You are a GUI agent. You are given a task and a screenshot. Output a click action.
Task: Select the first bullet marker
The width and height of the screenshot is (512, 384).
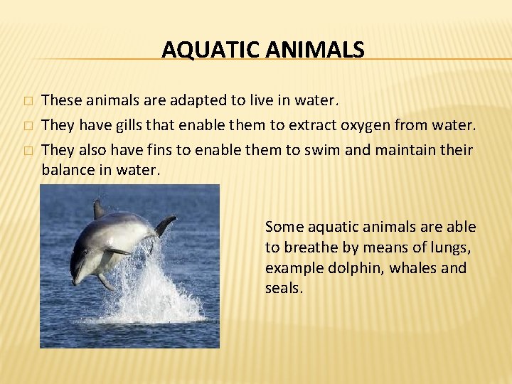[x=27, y=101]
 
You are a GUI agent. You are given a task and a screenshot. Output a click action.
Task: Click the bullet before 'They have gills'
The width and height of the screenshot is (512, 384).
[x=27, y=126]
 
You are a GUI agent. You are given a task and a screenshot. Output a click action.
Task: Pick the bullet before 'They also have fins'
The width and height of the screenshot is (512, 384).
[x=27, y=151]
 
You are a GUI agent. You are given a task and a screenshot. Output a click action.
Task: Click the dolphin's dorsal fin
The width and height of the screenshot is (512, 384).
[x=99, y=209]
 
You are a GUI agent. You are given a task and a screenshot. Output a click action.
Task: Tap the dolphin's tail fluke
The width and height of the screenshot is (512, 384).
[x=165, y=225]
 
